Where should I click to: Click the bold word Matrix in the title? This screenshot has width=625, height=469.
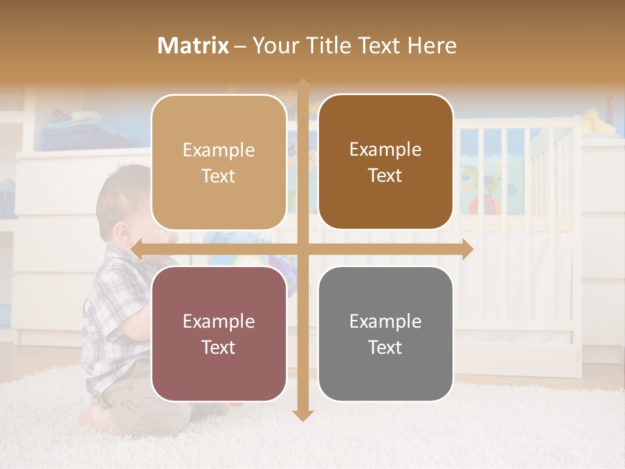tap(193, 46)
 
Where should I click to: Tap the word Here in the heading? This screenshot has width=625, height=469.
tap(432, 46)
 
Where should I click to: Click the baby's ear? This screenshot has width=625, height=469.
tap(121, 233)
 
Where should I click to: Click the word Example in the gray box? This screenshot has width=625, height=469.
tap(385, 321)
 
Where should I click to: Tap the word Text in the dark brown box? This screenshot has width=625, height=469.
tap(385, 176)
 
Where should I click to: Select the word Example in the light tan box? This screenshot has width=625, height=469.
tap(219, 150)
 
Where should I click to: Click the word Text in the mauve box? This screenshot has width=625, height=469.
tap(219, 347)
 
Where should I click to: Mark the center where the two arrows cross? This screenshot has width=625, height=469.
tap(302, 249)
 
